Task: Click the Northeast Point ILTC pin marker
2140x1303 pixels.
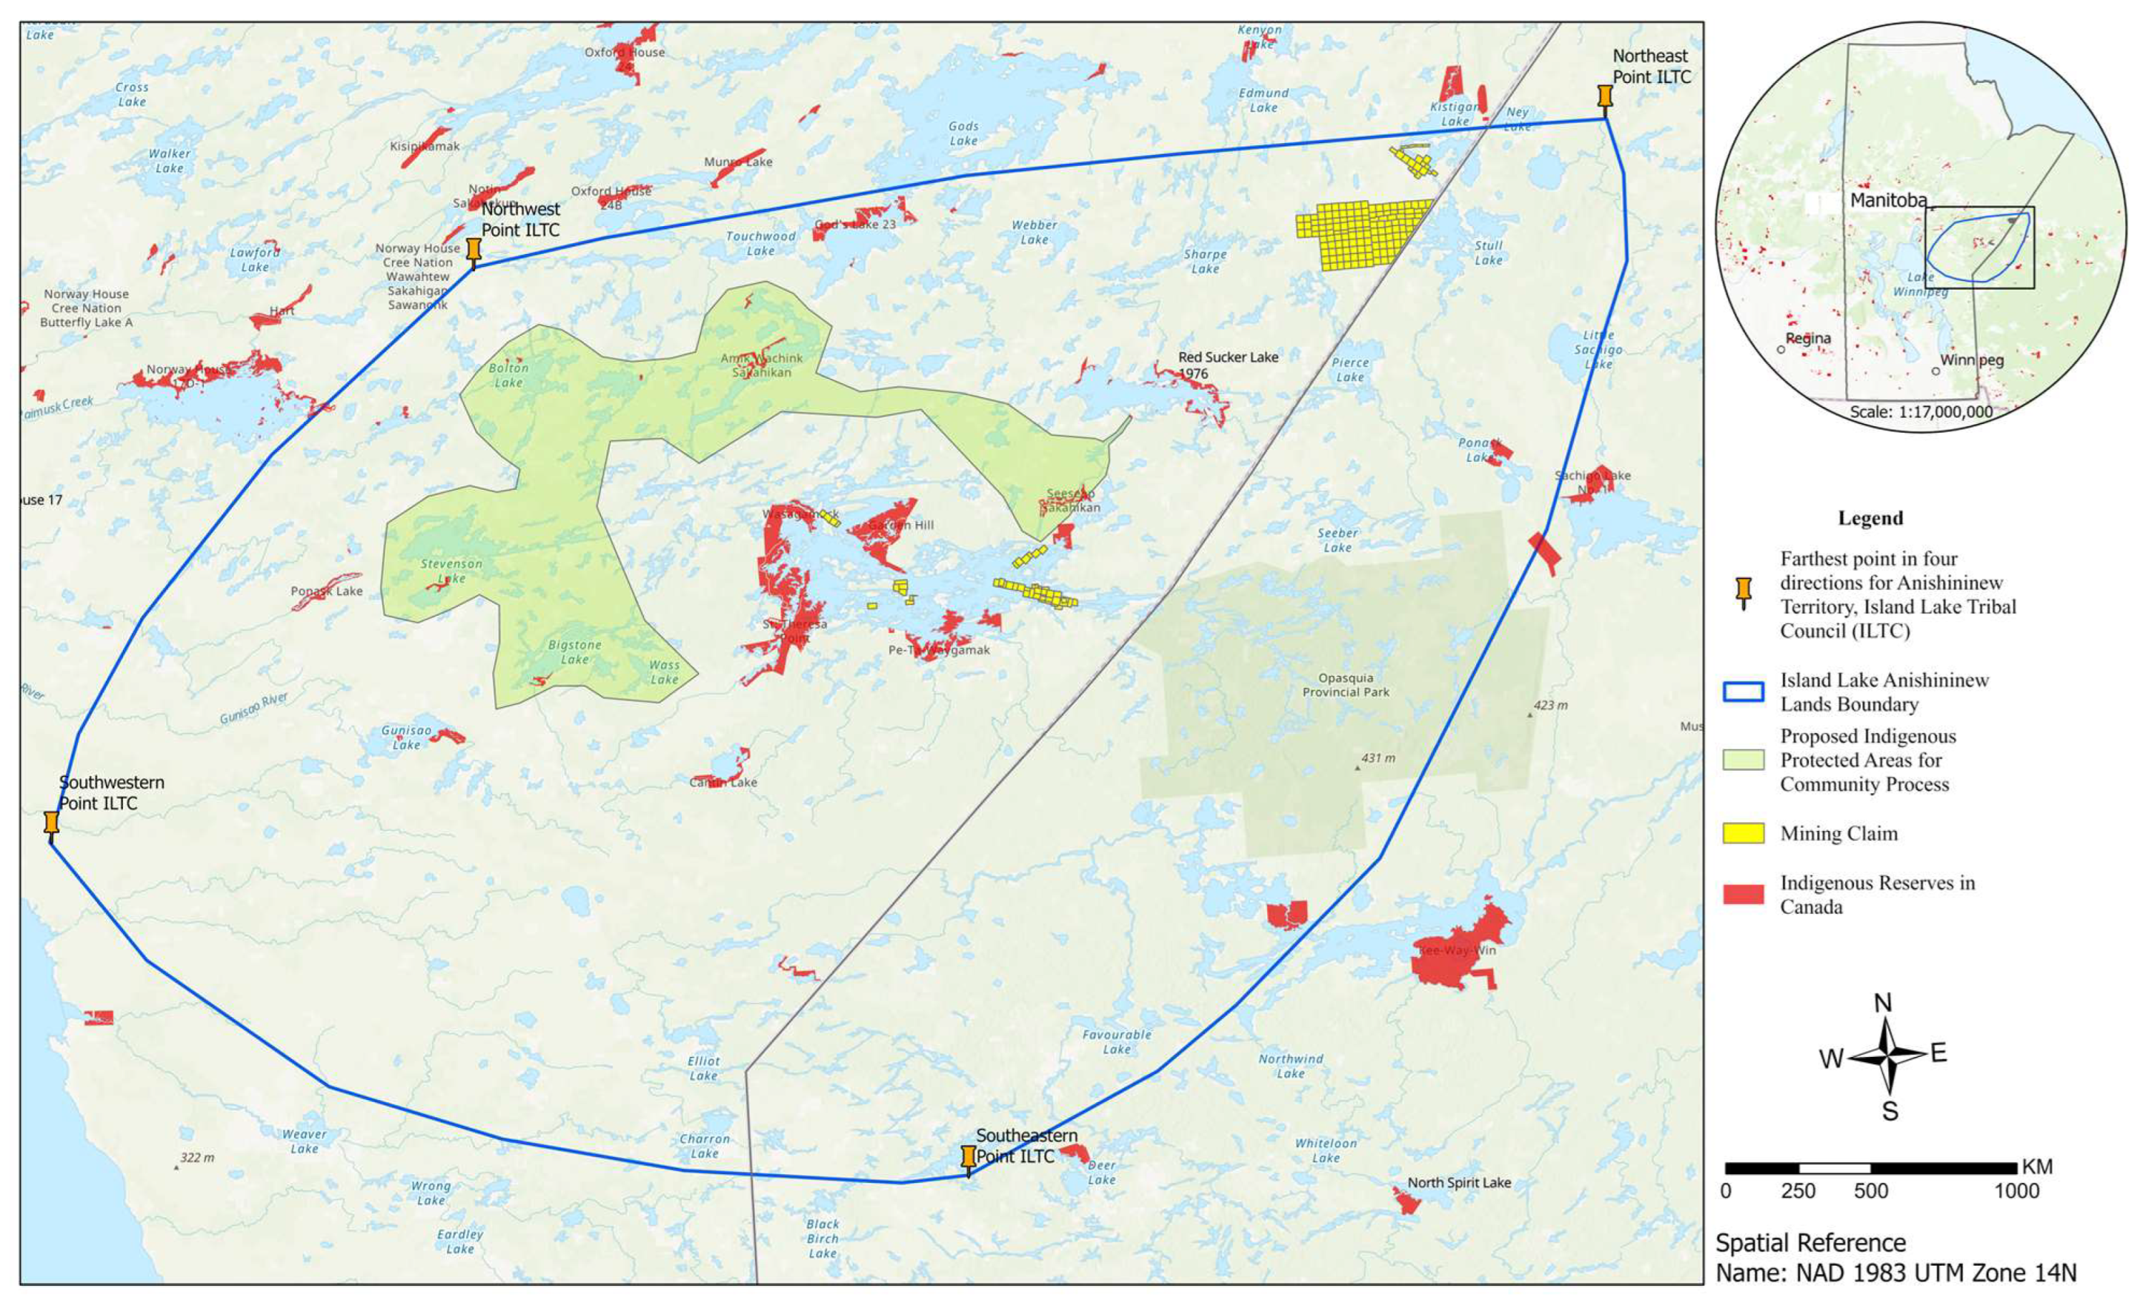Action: tap(1605, 98)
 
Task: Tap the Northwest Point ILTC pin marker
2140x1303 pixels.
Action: tap(474, 252)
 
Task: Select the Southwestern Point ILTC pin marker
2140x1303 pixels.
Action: tap(52, 824)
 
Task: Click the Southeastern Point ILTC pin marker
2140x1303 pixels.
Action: tap(968, 1158)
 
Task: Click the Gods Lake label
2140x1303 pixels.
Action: tap(963, 134)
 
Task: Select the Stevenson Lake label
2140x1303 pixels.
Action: tap(451, 571)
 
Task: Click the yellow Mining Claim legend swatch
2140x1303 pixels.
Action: tap(1743, 833)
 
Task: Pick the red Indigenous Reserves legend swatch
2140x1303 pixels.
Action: tap(1743, 894)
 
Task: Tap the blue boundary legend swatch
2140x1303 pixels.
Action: tap(1743, 691)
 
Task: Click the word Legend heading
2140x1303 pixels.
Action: tap(1870, 518)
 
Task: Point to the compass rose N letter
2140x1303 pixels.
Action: tap(1882, 1003)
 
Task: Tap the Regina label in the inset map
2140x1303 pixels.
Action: tap(1808, 338)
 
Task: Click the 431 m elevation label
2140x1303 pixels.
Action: tap(1377, 758)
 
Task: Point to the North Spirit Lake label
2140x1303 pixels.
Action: tap(1458, 1182)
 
